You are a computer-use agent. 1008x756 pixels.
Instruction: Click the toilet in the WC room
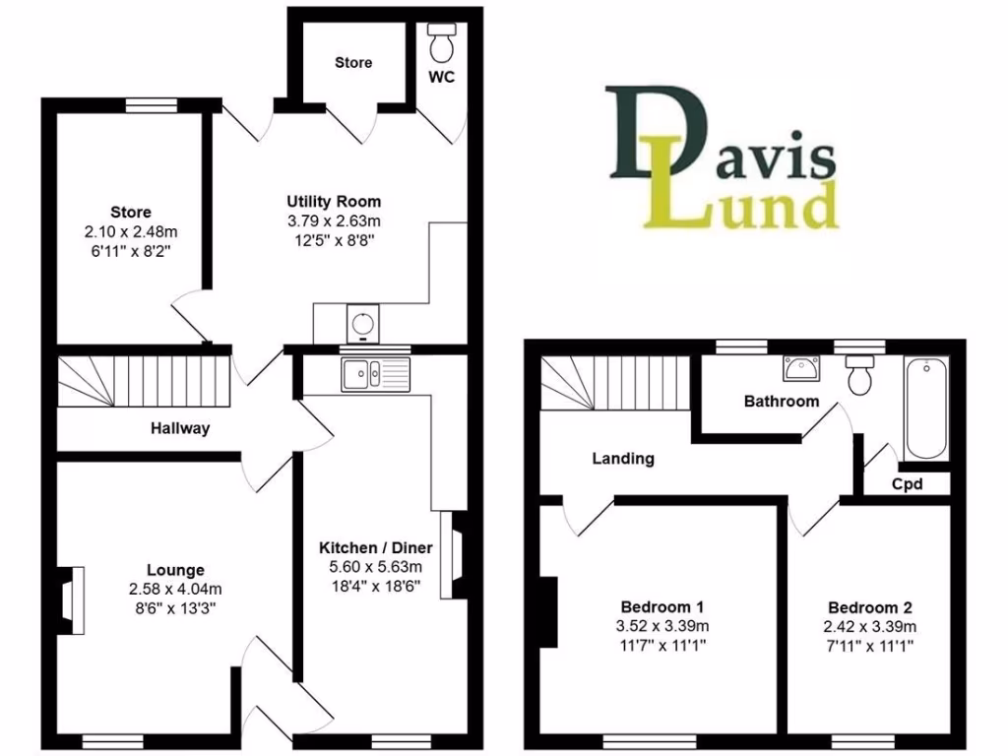440,42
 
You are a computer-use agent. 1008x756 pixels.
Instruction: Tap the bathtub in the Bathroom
925,409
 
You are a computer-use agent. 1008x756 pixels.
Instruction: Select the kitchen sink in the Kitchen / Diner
375,373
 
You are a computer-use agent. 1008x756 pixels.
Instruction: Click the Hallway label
180,428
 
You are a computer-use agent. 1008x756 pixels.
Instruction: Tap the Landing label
623,458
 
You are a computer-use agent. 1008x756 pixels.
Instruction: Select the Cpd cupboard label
907,483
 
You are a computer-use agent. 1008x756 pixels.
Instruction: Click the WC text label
441,78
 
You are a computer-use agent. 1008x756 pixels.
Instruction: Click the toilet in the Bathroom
860,374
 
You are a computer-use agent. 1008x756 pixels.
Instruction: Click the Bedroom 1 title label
661,606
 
